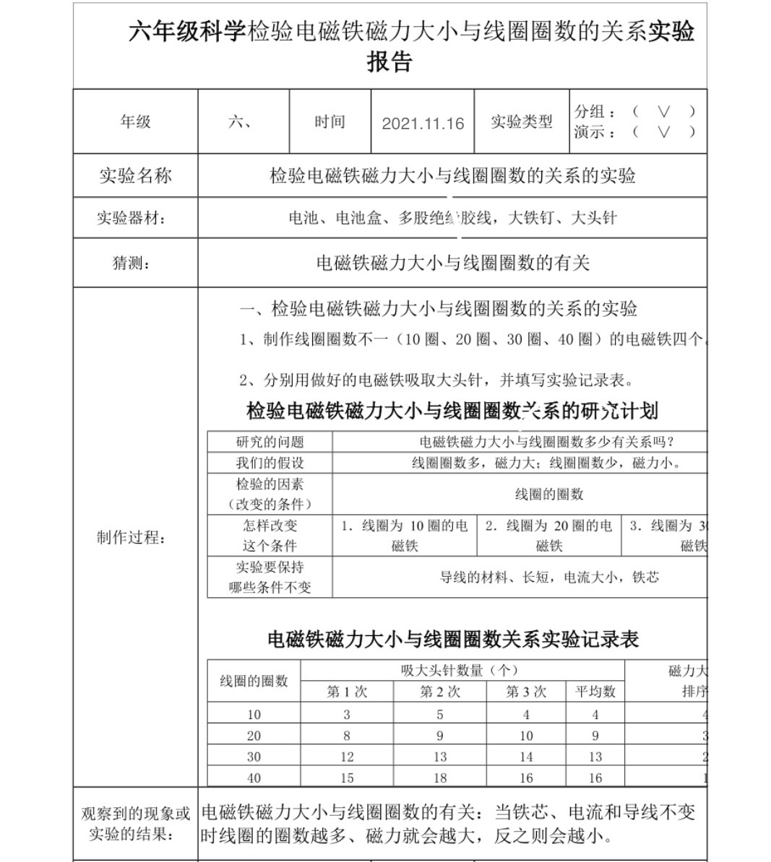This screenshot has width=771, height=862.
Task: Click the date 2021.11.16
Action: (423, 123)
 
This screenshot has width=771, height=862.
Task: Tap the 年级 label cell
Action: (135, 121)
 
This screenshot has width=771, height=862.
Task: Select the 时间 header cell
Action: (329, 121)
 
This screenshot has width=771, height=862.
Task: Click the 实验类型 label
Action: (522, 122)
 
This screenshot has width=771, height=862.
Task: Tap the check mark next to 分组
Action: (663, 111)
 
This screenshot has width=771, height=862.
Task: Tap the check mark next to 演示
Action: (663, 131)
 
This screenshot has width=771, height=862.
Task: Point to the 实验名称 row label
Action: (135, 175)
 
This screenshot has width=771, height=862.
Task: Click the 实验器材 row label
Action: (132, 218)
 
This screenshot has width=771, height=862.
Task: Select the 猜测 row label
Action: (132, 263)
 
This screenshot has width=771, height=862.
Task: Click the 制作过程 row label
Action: (132, 537)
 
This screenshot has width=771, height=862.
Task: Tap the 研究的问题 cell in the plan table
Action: (270, 442)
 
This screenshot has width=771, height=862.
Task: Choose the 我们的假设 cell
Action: (270, 463)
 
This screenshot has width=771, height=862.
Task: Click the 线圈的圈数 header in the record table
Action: (254, 681)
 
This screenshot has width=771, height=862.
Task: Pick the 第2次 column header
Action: (440, 692)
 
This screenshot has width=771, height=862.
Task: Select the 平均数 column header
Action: (595, 692)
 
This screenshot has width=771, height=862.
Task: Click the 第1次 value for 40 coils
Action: (347, 778)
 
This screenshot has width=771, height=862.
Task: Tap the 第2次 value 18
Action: (440, 778)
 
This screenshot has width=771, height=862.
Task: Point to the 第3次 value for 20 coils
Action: (526, 736)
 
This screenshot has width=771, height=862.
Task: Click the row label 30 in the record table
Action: (254, 757)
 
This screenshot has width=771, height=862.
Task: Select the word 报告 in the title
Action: (389, 62)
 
